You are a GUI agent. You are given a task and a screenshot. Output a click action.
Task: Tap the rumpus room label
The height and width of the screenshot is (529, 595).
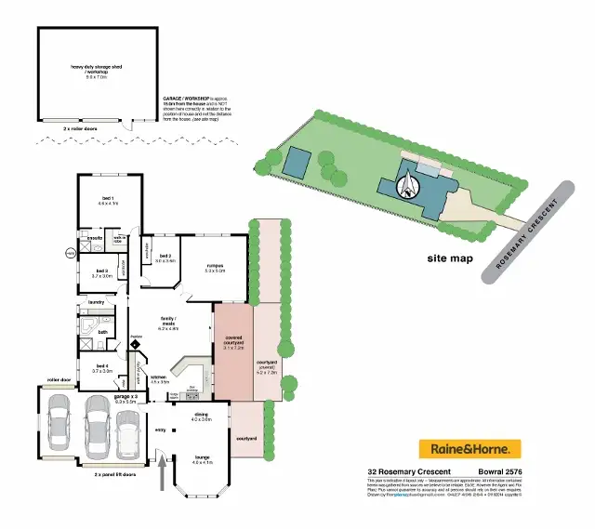click(x=216, y=269)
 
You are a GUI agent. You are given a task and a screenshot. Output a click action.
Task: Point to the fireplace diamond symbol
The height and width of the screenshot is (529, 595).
click(x=136, y=343)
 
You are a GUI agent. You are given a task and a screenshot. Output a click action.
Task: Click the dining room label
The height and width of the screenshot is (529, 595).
click(x=202, y=417)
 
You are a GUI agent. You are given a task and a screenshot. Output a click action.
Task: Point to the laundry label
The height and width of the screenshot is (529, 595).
click(x=96, y=302)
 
